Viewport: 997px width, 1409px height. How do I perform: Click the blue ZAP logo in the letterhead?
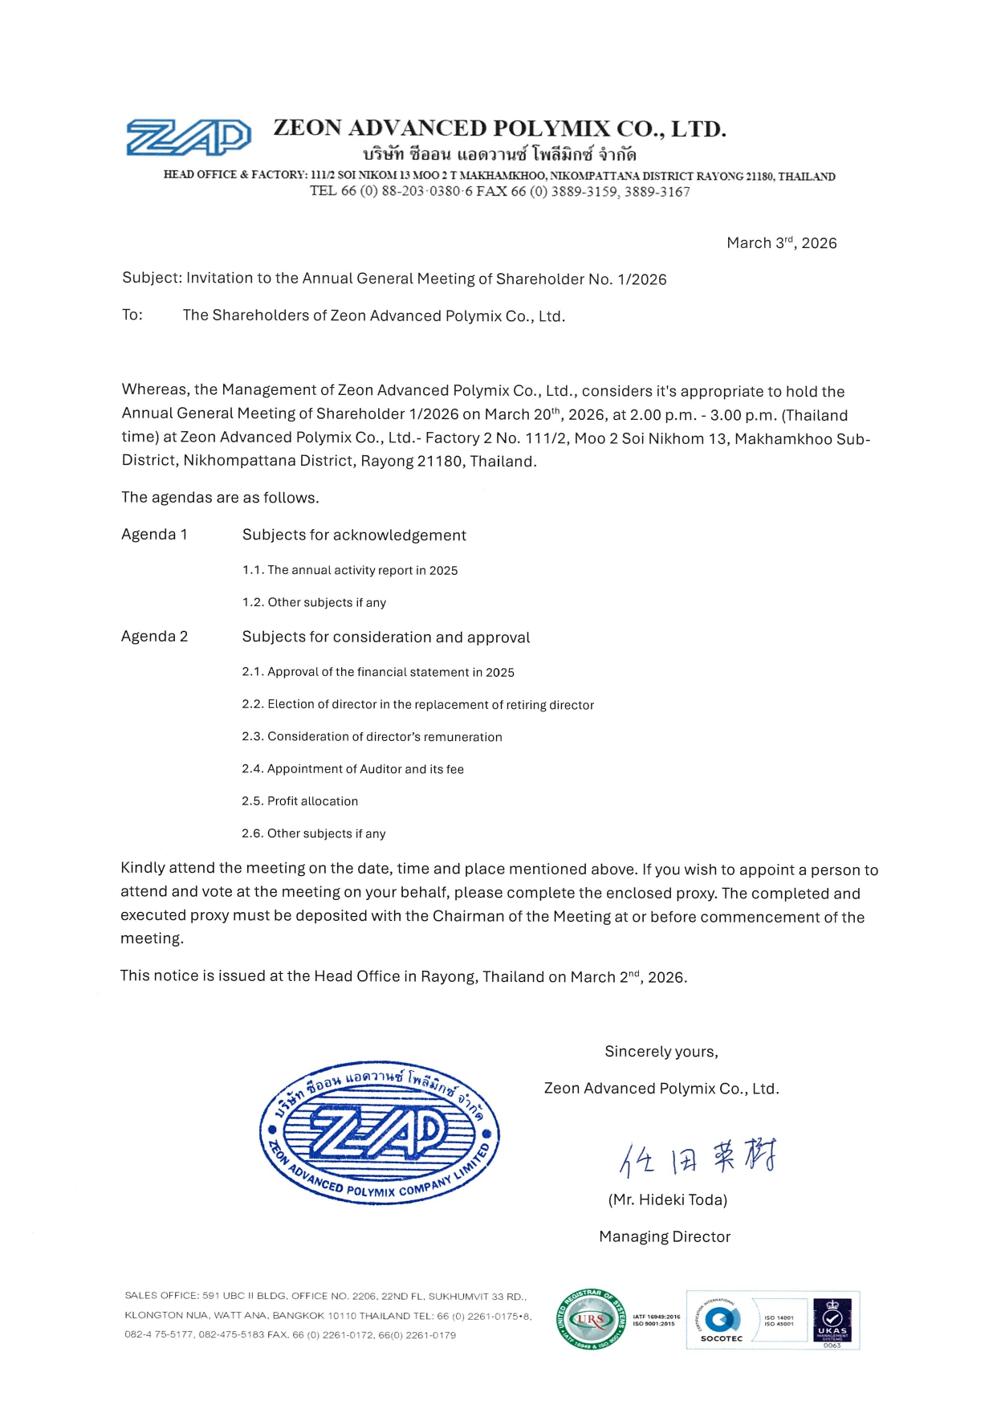[189, 137]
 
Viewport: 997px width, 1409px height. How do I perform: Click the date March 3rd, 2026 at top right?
[781, 242]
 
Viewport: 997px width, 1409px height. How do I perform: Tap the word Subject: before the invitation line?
[152, 278]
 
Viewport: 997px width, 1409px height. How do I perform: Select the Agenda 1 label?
[154, 534]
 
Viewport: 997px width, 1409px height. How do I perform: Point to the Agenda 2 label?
[154, 636]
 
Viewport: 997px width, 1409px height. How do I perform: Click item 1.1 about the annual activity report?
[350, 570]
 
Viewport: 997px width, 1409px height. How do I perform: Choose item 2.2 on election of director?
[417, 704]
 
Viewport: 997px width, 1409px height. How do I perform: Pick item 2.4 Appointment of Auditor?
[352, 768]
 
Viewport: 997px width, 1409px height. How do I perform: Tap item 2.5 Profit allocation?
[299, 800]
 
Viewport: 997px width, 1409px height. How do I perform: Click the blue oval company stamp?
[379, 1133]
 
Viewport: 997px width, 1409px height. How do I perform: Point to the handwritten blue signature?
[697, 1157]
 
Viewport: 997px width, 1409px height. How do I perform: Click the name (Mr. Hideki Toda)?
[667, 1199]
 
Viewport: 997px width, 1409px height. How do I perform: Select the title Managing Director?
[665, 1236]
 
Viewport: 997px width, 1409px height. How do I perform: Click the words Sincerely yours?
[661, 1051]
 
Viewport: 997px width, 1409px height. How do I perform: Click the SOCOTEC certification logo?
[721, 1321]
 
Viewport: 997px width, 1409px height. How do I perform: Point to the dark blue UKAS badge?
[832, 1321]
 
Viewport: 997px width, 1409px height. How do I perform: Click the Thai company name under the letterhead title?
[499, 153]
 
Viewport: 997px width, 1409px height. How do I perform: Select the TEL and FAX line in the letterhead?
[499, 191]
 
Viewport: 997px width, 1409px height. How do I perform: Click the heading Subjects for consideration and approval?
[386, 637]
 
